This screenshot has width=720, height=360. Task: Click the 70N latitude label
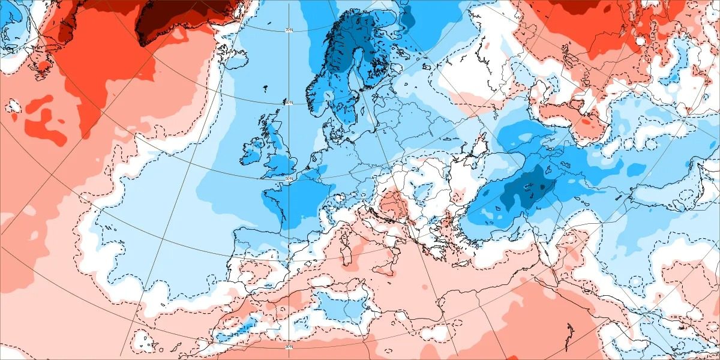point(289,30)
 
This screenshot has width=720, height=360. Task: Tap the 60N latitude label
point(289,103)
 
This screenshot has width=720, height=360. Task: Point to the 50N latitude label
point(289,178)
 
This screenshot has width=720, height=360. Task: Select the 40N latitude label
point(289,259)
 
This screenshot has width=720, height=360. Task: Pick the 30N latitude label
point(289,347)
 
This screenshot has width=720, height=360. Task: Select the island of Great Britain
point(279,153)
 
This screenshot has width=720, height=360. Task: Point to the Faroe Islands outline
point(265,90)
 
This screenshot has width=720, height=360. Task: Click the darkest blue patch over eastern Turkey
point(528,186)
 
